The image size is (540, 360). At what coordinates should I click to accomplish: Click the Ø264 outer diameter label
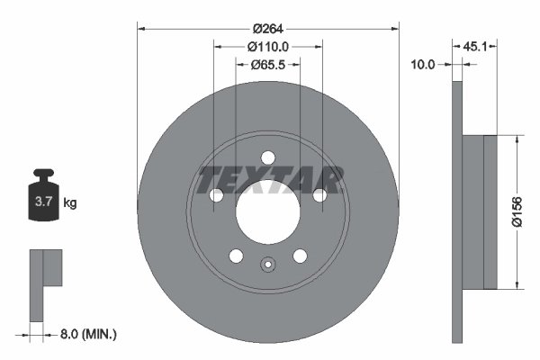[268, 28]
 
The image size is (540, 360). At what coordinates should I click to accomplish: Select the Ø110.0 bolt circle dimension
[268, 46]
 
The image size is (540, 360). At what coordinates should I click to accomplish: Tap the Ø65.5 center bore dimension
[268, 64]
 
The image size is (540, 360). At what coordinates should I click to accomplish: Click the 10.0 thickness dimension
[422, 64]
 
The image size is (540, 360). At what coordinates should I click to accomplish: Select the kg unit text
[70, 203]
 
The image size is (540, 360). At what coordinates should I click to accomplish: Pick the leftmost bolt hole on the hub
[216, 195]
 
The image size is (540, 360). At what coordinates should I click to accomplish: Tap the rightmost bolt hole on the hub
[319, 195]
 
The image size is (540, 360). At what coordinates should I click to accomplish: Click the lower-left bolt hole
[236, 256]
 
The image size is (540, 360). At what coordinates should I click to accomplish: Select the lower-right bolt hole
[299, 256]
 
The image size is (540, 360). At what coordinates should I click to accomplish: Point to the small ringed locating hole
[267, 265]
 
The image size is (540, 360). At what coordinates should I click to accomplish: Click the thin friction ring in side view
[455, 212]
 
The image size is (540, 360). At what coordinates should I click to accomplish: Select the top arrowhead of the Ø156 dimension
[518, 140]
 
